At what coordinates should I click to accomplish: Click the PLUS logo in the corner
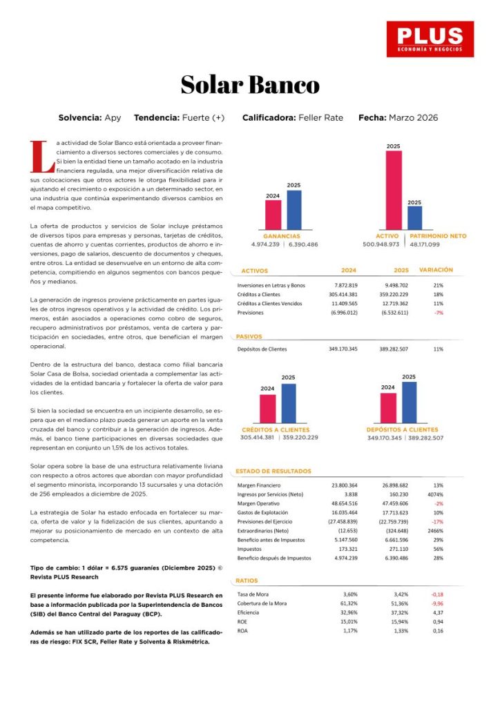click(430, 39)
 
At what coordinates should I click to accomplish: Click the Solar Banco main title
click(250, 85)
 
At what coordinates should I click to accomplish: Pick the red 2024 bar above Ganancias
click(273, 215)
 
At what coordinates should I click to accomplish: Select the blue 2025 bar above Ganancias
click(294, 210)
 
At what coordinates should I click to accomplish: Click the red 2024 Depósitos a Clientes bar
click(388, 407)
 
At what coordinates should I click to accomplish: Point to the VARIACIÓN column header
click(436, 270)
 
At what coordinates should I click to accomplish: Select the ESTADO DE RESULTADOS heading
click(273, 472)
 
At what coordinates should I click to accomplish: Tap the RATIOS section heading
click(247, 581)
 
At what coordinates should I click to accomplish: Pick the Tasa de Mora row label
click(252, 594)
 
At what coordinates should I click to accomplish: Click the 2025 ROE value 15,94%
click(397, 621)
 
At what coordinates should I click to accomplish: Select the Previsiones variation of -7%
click(438, 312)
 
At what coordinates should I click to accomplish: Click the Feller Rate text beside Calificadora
click(320, 118)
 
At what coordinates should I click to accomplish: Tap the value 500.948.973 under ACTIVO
click(381, 244)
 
